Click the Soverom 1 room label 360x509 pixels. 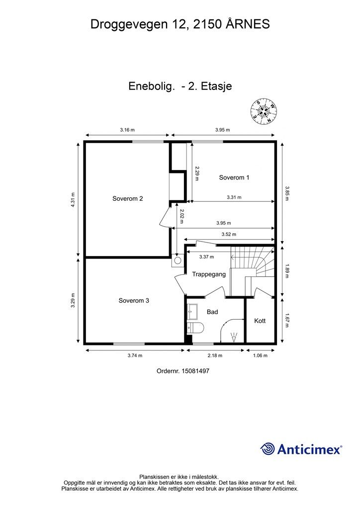pos(234,177)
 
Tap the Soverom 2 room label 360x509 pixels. pos(128,199)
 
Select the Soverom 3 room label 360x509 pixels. pos(134,301)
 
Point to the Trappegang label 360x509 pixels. pos(209,274)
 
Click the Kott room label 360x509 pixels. pos(260,321)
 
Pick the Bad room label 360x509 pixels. pos(212,312)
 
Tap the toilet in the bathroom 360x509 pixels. pos(195,328)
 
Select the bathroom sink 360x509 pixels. pos(192,312)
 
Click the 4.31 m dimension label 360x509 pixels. pos(73,200)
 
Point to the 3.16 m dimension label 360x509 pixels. pos(127,130)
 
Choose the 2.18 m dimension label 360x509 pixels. pos(215,355)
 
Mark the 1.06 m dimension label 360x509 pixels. pos(261,355)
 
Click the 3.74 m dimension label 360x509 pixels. pos(135,355)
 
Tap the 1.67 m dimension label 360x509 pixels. pos(287,320)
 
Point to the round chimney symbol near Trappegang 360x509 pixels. pos(178,260)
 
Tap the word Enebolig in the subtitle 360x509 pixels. pos(152,86)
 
